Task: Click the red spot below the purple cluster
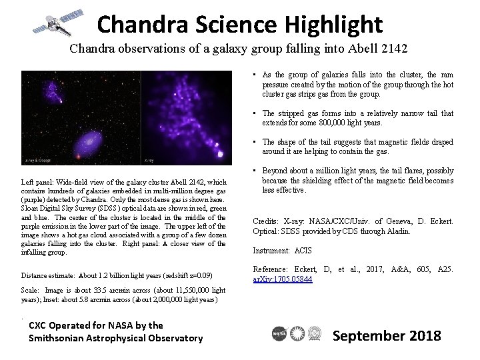point(81,156)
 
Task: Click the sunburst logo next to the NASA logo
point(297,335)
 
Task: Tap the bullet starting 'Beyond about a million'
point(357,180)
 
